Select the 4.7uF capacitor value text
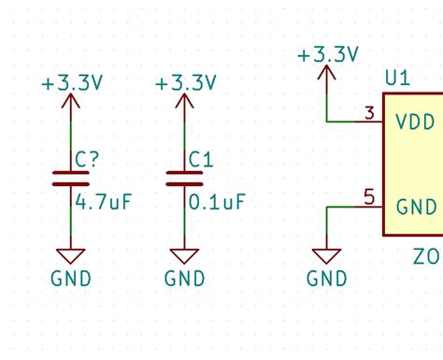[103, 202]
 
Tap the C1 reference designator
[201, 160]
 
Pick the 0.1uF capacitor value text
[217, 202]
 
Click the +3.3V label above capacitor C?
[71, 83]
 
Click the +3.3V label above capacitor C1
[185, 83]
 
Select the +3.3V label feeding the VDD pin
[327, 55]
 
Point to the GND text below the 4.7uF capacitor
[71, 278]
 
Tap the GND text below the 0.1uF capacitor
[185, 278]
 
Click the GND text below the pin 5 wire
[327, 278]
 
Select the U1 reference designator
[397, 79]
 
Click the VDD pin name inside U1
[415, 122]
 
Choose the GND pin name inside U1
[416, 207]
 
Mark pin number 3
[370, 114]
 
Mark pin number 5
[370, 197]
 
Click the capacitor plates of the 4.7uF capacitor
[71, 179]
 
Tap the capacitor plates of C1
[185, 179]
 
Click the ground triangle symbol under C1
[185, 255]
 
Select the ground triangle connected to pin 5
[327, 255]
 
